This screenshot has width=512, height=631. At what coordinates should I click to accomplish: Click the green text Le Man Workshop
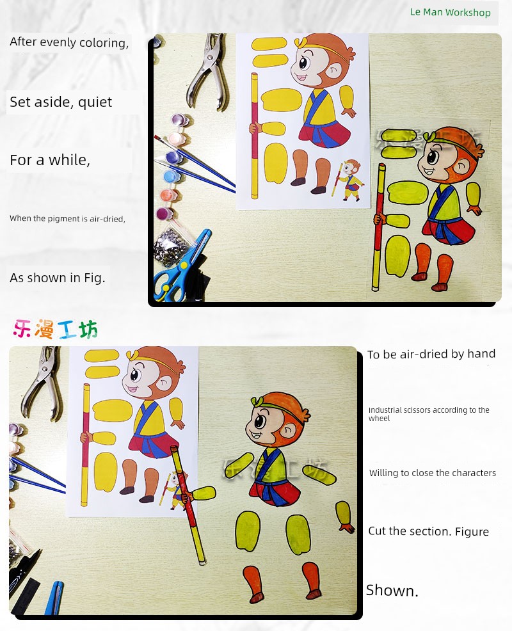pyautogui.click(x=450, y=12)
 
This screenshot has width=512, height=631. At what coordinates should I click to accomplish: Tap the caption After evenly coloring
pyautogui.click(x=69, y=42)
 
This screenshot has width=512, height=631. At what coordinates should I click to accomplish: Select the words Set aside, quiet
pyautogui.click(x=61, y=102)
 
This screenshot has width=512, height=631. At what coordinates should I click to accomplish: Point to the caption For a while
pyautogui.click(x=50, y=160)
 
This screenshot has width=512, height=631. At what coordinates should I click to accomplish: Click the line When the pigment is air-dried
pyautogui.click(x=68, y=218)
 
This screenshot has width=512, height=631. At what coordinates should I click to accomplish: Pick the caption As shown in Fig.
pyautogui.click(x=58, y=278)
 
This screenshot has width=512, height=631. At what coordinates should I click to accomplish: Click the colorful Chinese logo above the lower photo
pyautogui.click(x=56, y=329)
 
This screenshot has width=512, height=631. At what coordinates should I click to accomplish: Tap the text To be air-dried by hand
pyautogui.click(x=431, y=354)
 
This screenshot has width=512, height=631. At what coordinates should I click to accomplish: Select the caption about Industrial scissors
pyautogui.click(x=429, y=414)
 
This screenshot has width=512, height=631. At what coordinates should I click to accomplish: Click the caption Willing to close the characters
pyautogui.click(x=432, y=473)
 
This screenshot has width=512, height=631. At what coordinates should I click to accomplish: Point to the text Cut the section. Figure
pyautogui.click(x=428, y=531)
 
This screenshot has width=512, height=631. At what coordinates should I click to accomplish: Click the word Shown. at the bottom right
pyautogui.click(x=392, y=590)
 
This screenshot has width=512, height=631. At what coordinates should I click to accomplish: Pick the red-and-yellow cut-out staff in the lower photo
pyautogui.click(x=188, y=504)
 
